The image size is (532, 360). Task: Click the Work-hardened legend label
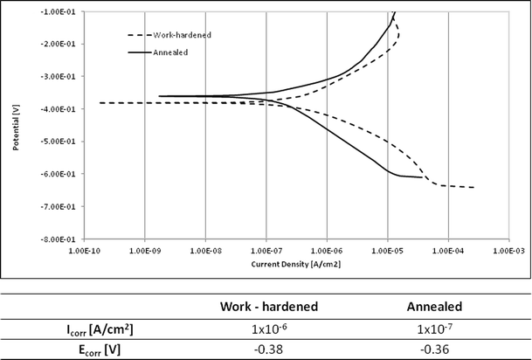coord(183,35)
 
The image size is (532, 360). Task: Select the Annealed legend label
coord(174,52)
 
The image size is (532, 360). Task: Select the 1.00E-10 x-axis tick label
coord(85,251)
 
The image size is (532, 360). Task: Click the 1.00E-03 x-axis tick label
coord(508,251)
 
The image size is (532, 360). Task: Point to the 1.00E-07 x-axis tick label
coord(266,251)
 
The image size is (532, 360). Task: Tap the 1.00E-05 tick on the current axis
coord(387,251)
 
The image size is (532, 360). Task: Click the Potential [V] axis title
coord(17,125)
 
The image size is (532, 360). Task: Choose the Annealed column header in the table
coord(435,308)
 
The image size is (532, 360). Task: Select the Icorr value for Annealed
coord(435,329)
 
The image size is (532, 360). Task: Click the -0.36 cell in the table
coord(435,349)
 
